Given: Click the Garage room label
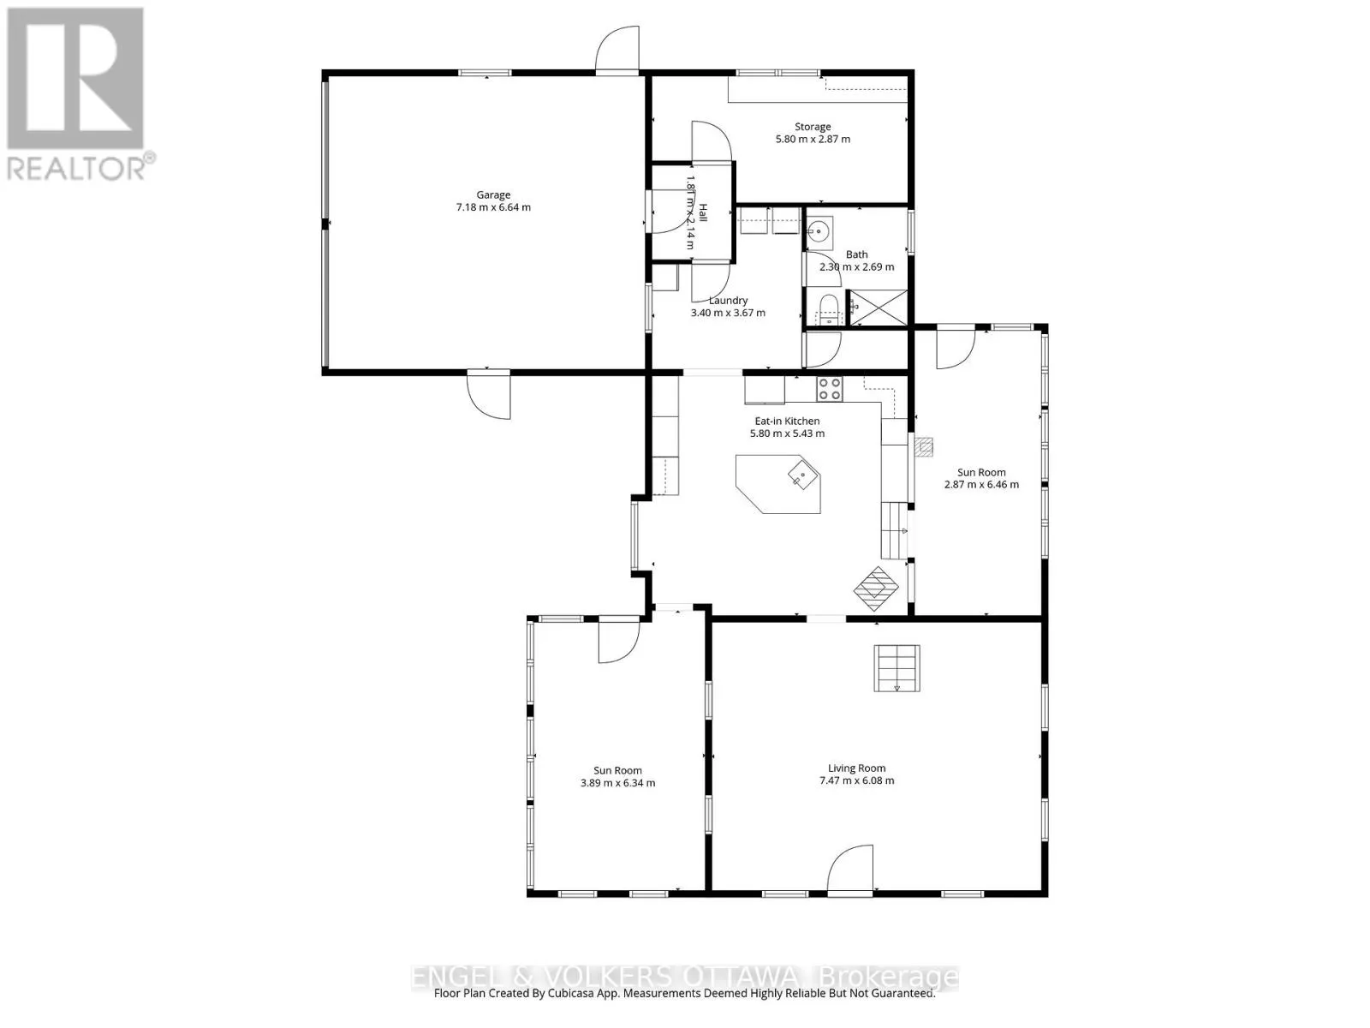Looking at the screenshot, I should tap(493, 194).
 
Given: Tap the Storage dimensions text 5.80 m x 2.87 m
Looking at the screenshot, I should tap(813, 139).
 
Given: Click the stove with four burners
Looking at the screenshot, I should tap(829, 389).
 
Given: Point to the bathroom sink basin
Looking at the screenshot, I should tap(819, 230).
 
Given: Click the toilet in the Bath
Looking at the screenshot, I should tap(828, 308).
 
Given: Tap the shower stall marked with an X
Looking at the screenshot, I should tap(878, 308).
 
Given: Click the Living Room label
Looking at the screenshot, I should tap(856, 768).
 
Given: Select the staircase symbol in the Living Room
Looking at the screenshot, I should tap(896, 668).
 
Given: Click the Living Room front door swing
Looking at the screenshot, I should tap(849, 870).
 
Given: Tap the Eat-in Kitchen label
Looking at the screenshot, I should tap(786, 421).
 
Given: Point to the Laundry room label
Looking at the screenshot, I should tap(728, 301).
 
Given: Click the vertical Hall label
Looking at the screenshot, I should tap(702, 212).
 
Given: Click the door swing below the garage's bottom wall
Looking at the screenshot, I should tap(488, 396).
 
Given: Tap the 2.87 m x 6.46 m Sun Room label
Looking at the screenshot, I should tap(981, 484).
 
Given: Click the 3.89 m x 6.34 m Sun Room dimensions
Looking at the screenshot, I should tap(617, 783).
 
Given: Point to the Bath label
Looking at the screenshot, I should tap(856, 254).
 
